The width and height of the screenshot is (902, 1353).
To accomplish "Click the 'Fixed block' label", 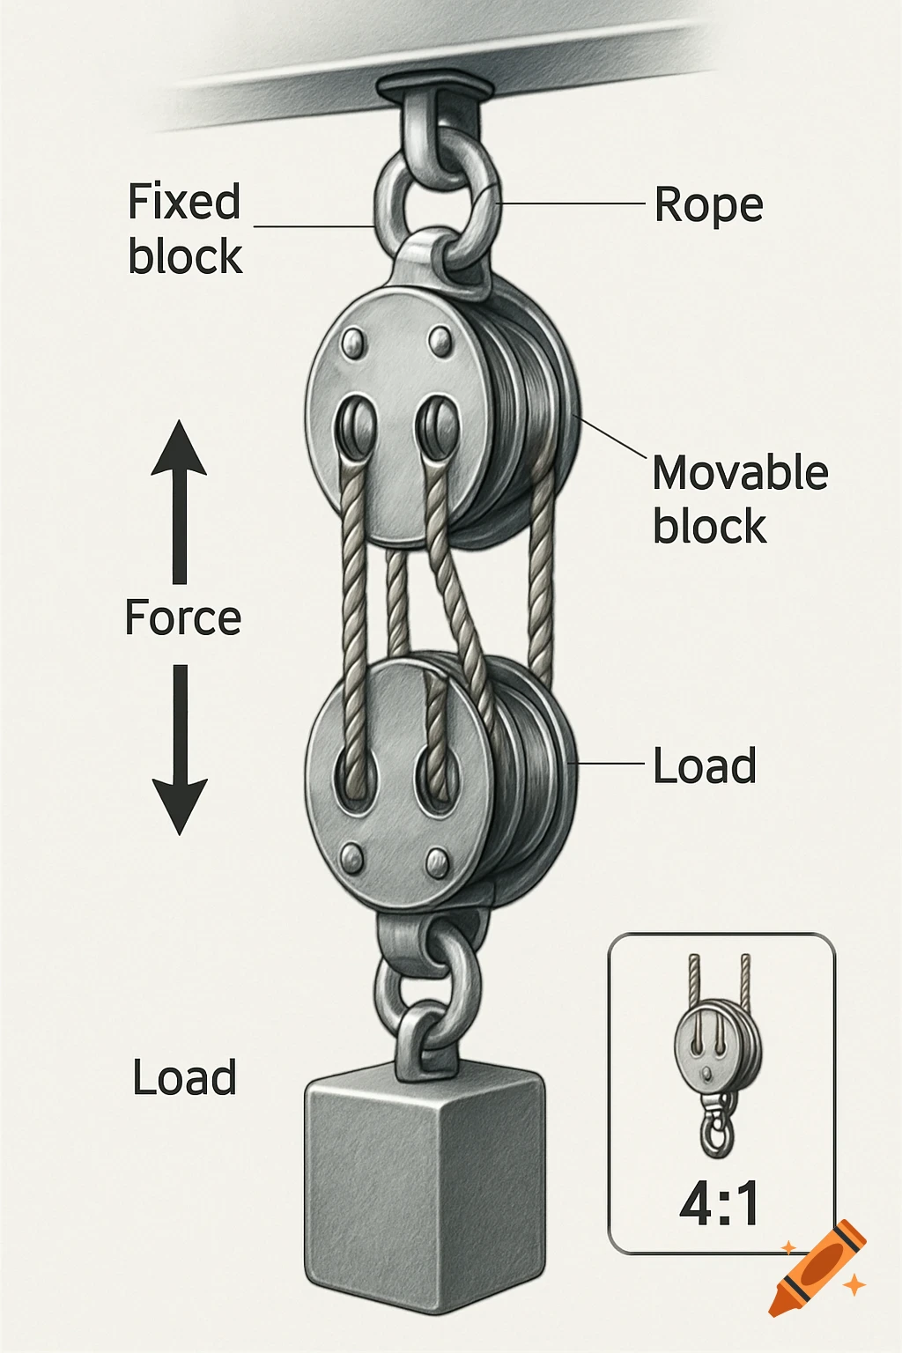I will [x=184, y=229].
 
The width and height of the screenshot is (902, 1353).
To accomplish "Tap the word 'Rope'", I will [x=708, y=205].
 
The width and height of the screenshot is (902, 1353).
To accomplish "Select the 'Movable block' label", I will [x=740, y=499].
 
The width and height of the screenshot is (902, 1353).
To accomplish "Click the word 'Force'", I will [x=183, y=617].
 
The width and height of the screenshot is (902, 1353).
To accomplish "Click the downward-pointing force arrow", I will [x=180, y=750].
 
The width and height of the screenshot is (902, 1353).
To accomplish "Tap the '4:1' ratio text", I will [x=720, y=1204].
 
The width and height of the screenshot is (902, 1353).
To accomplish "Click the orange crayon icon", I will [x=817, y=1268].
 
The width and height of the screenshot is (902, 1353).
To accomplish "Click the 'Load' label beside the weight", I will [x=185, y=1078].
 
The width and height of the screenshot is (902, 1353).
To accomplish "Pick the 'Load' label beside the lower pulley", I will [x=705, y=765].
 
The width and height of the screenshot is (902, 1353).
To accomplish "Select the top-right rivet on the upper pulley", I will [x=439, y=341].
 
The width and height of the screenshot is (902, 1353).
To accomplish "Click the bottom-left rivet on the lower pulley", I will [x=352, y=855].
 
